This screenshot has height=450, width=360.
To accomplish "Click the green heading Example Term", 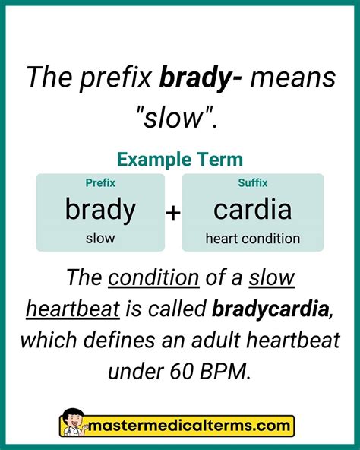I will pyautogui.click(x=180, y=160).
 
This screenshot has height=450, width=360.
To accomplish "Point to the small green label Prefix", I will pyautogui.click(x=100, y=183).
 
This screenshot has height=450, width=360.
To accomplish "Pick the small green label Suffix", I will pyautogui.click(x=253, y=183).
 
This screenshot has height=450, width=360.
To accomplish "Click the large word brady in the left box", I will pyautogui.click(x=100, y=209).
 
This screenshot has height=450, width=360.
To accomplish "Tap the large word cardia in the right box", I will pyautogui.click(x=253, y=209).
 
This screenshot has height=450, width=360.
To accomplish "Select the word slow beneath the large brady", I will pyautogui.click(x=100, y=239).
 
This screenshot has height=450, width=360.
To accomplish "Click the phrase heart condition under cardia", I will pyautogui.click(x=253, y=239).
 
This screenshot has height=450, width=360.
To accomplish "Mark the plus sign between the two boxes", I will pyautogui.click(x=173, y=214).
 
